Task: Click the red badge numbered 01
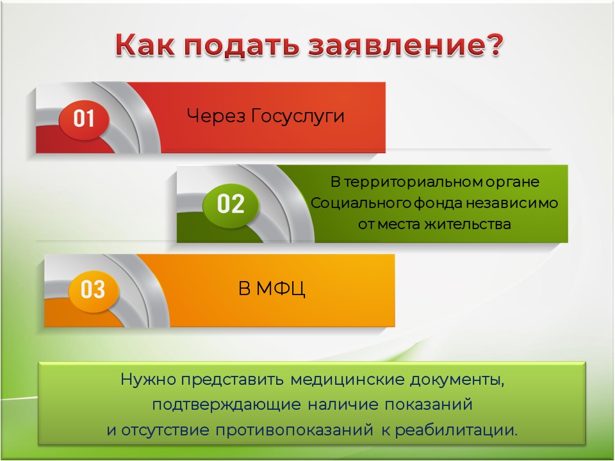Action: (x=84, y=119)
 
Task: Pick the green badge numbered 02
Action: (x=231, y=204)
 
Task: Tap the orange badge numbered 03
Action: (x=93, y=289)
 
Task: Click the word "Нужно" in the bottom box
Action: (x=147, y=379)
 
